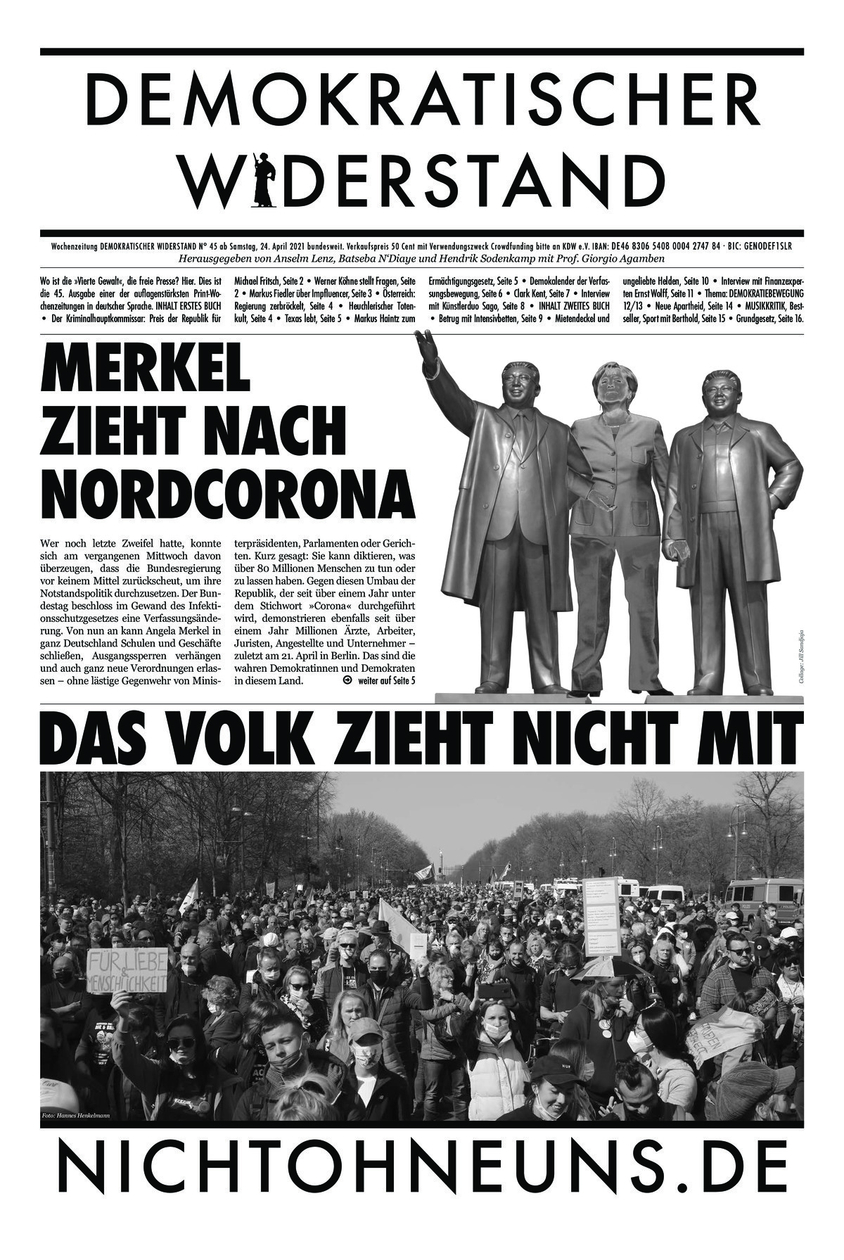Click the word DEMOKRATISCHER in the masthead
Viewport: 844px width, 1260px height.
[x=422, y=95]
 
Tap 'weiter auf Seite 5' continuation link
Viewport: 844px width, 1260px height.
[x=386, y=681]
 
